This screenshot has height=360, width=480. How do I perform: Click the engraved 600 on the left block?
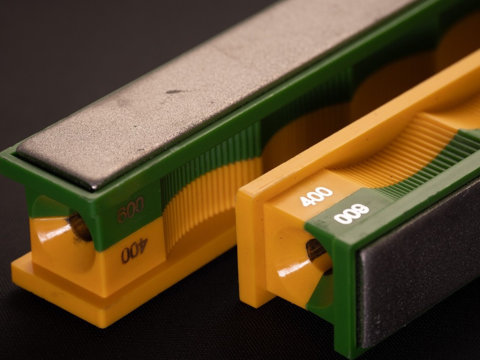point(131,209)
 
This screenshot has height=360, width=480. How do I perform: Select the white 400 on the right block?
point(316,196)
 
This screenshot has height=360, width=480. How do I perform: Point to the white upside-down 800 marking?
point(351,214)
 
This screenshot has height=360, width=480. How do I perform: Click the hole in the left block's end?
point(80,227)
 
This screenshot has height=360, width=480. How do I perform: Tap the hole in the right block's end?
point(316,250)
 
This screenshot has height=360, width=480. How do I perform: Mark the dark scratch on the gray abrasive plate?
point(175,92)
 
